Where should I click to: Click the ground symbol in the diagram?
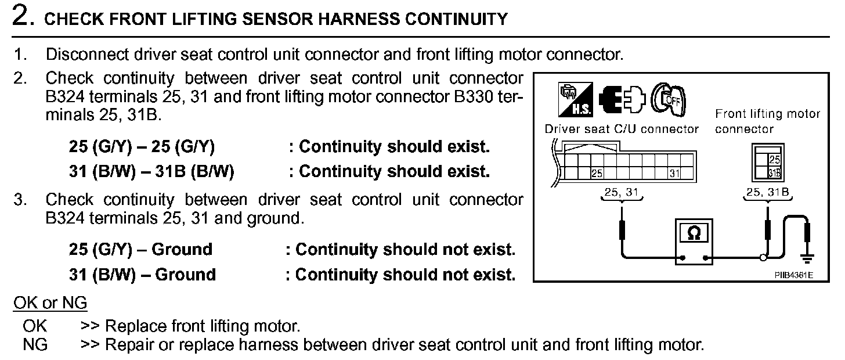[807, 255]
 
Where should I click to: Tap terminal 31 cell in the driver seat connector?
[674, 173]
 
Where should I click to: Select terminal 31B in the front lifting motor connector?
[774, 173]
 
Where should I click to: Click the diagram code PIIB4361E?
[793, 275]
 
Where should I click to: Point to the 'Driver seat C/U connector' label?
[622, 129]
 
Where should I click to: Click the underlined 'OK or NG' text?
[50, 303]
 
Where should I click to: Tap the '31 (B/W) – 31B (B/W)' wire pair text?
[151, 172]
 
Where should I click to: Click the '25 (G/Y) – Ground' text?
[140, 250]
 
